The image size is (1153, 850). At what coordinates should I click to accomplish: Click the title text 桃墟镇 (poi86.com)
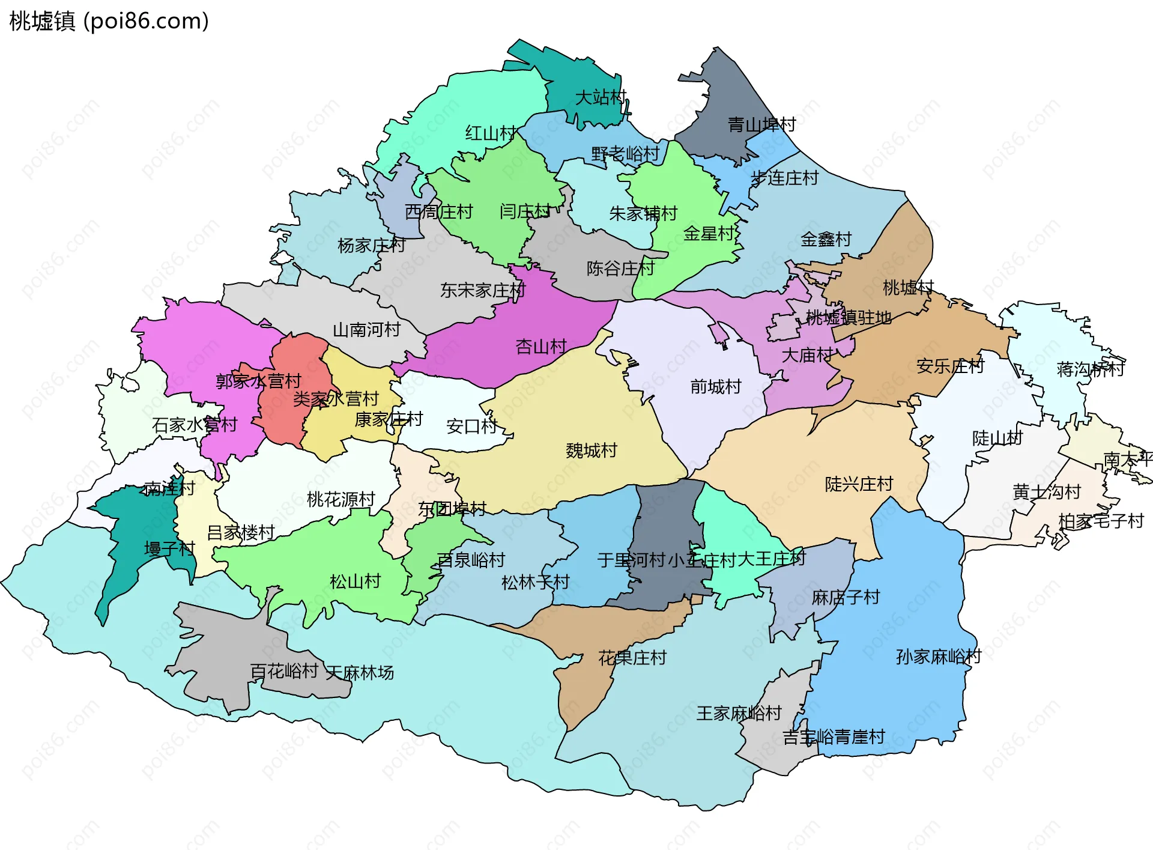109,21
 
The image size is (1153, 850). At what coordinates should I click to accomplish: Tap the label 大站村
601,97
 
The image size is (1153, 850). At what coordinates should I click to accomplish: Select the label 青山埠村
761,124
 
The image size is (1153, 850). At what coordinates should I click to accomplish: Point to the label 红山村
491,133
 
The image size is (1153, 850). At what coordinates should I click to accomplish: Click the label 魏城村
591,451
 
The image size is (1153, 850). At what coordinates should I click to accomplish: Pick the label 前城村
715,386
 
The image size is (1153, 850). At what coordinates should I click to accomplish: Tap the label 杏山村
540,347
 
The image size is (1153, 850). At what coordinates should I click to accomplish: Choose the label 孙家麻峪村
938,657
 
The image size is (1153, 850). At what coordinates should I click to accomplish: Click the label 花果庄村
632,658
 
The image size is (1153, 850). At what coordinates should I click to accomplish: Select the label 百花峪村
283,671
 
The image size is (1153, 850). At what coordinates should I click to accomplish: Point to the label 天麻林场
360,673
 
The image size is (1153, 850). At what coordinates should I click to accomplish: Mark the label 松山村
355,581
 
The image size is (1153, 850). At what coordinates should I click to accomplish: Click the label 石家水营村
195,425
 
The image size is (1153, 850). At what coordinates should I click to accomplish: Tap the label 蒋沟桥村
1090,369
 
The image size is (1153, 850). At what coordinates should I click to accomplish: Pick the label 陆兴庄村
859,484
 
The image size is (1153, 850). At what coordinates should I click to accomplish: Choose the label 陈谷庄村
620,268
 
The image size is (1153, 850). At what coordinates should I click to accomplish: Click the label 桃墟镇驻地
848,317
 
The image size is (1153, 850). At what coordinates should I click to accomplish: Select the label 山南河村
366,330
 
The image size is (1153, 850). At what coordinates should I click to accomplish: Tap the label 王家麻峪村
739,713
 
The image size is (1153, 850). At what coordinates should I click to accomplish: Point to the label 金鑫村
826,239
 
